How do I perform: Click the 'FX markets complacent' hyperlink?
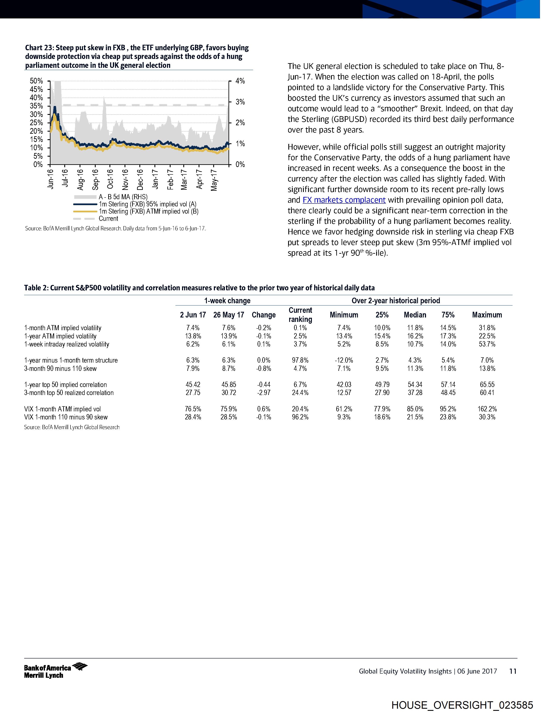tap(344, 200)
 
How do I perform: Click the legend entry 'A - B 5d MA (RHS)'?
tap(123, 197)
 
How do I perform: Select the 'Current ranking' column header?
tap(300, 315)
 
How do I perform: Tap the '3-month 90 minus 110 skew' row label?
tap(60, 369)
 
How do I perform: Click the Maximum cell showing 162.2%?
tap(487, 409)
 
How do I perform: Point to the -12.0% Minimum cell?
tap(344, 360)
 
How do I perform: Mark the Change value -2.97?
tap(264, 393)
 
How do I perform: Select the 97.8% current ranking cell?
tap(300, 360)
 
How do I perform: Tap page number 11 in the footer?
tap(513, 671)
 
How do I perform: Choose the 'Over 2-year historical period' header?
tap(396, 301)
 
